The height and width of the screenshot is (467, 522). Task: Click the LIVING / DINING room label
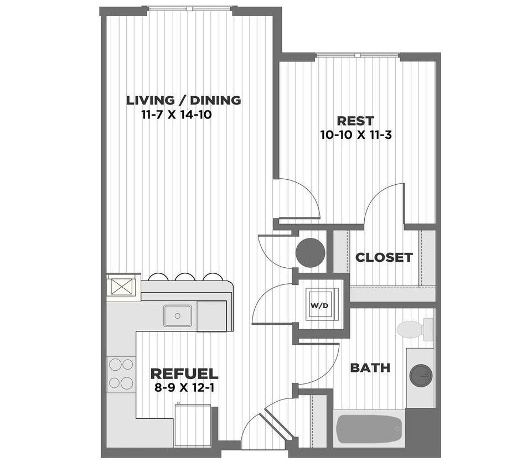pos(183,101)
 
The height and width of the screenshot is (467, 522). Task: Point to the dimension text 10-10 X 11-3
pos(355,134)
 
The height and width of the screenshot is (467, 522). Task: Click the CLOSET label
pos(384,257)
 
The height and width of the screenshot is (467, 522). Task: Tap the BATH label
pos(370,368)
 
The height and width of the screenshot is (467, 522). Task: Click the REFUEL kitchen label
pos(184,373)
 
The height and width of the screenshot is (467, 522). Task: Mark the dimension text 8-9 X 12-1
pos(184,387)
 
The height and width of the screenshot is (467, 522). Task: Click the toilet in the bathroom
pos(412,329)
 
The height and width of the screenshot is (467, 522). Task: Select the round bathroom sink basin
pos(421,375)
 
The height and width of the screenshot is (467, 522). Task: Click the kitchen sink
pos(177,315)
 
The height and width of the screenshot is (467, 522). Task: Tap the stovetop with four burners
pos(121,373)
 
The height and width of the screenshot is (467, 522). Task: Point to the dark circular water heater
pos(310,253)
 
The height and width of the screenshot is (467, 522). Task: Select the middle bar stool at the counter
pos(184,277)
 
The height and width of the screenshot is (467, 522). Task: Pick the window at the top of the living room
pos(189,9)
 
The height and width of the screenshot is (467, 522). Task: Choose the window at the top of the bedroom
pos(357,55)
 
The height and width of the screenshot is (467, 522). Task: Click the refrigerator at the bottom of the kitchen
pos(192,425)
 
